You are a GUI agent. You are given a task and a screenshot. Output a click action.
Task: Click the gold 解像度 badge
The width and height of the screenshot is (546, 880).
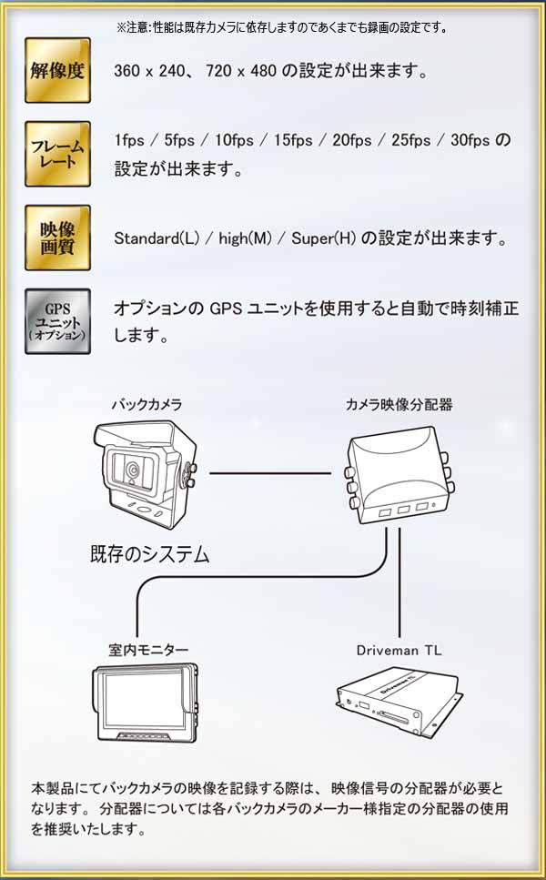tap(57, 70)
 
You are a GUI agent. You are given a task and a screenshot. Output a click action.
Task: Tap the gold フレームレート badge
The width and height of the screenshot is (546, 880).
tap(57, 153)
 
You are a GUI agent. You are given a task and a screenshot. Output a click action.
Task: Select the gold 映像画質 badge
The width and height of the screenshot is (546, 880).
tap(57, 238)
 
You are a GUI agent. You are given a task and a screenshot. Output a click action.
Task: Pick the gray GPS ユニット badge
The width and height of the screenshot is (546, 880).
tap(57, 320)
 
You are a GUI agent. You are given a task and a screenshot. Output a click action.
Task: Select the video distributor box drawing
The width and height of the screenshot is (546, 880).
tap(398, 478)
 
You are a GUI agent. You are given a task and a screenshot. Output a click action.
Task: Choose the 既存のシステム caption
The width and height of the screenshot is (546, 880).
tap(150, 552)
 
